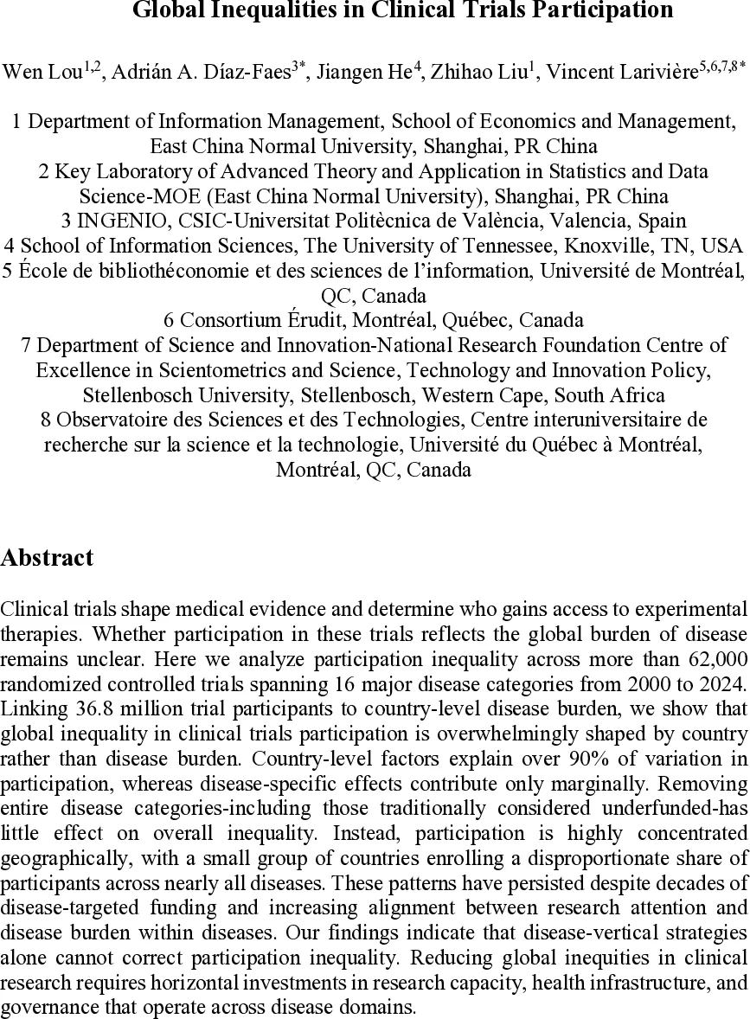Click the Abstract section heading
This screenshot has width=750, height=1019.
[x=48, y=558]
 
